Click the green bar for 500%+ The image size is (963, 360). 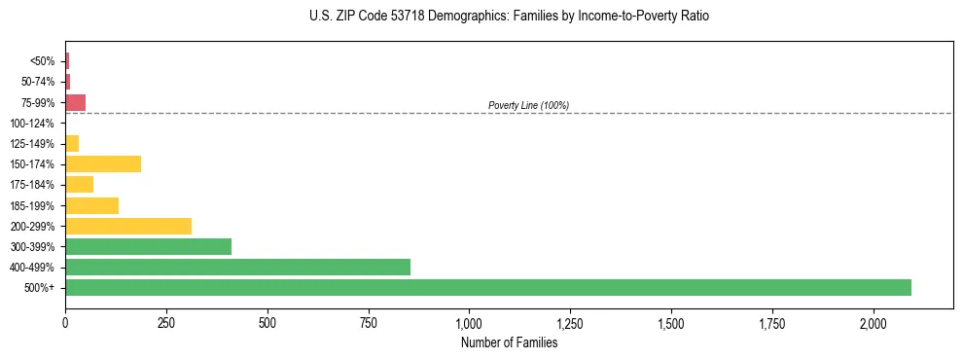(x=488, y=287)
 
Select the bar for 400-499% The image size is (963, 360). (x=237, y=267)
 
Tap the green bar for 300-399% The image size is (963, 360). (x=148, y=246)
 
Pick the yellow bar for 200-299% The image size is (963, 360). (x=128, y=226)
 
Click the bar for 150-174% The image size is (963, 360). (x=103, y=163)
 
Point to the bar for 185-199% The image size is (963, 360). (x=91, y=205)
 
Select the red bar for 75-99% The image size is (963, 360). (x=76, y=102)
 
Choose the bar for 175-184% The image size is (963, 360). (x=79, y=184)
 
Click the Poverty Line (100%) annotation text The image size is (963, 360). (x=528, y=105)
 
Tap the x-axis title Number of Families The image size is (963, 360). (x=509, y=342)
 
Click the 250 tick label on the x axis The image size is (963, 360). (x=166, y=322)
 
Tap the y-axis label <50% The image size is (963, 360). (x=43, y=61)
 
